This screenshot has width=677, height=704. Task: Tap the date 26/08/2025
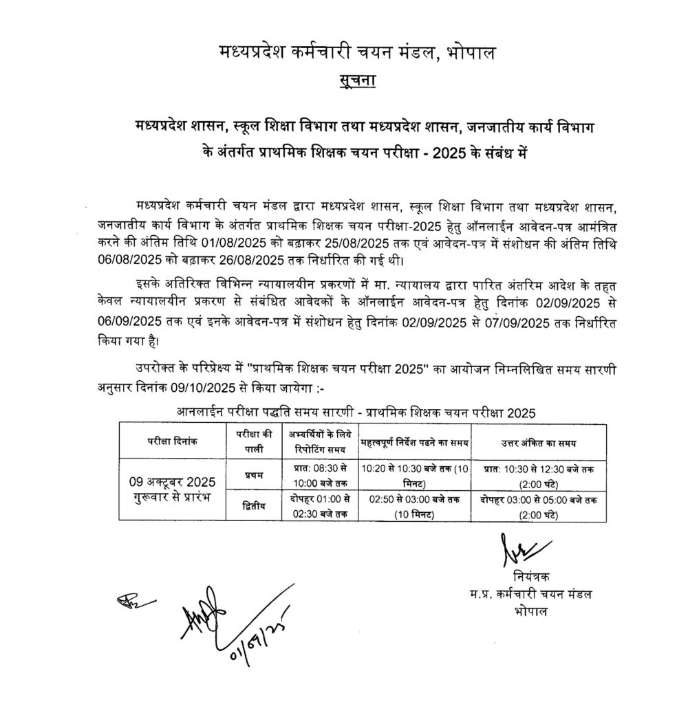(255, 261)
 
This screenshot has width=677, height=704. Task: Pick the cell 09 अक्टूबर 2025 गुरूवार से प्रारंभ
(173, 489)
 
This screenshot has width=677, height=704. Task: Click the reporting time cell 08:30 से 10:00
(317, 474)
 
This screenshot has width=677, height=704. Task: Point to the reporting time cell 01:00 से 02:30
(317, 506)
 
